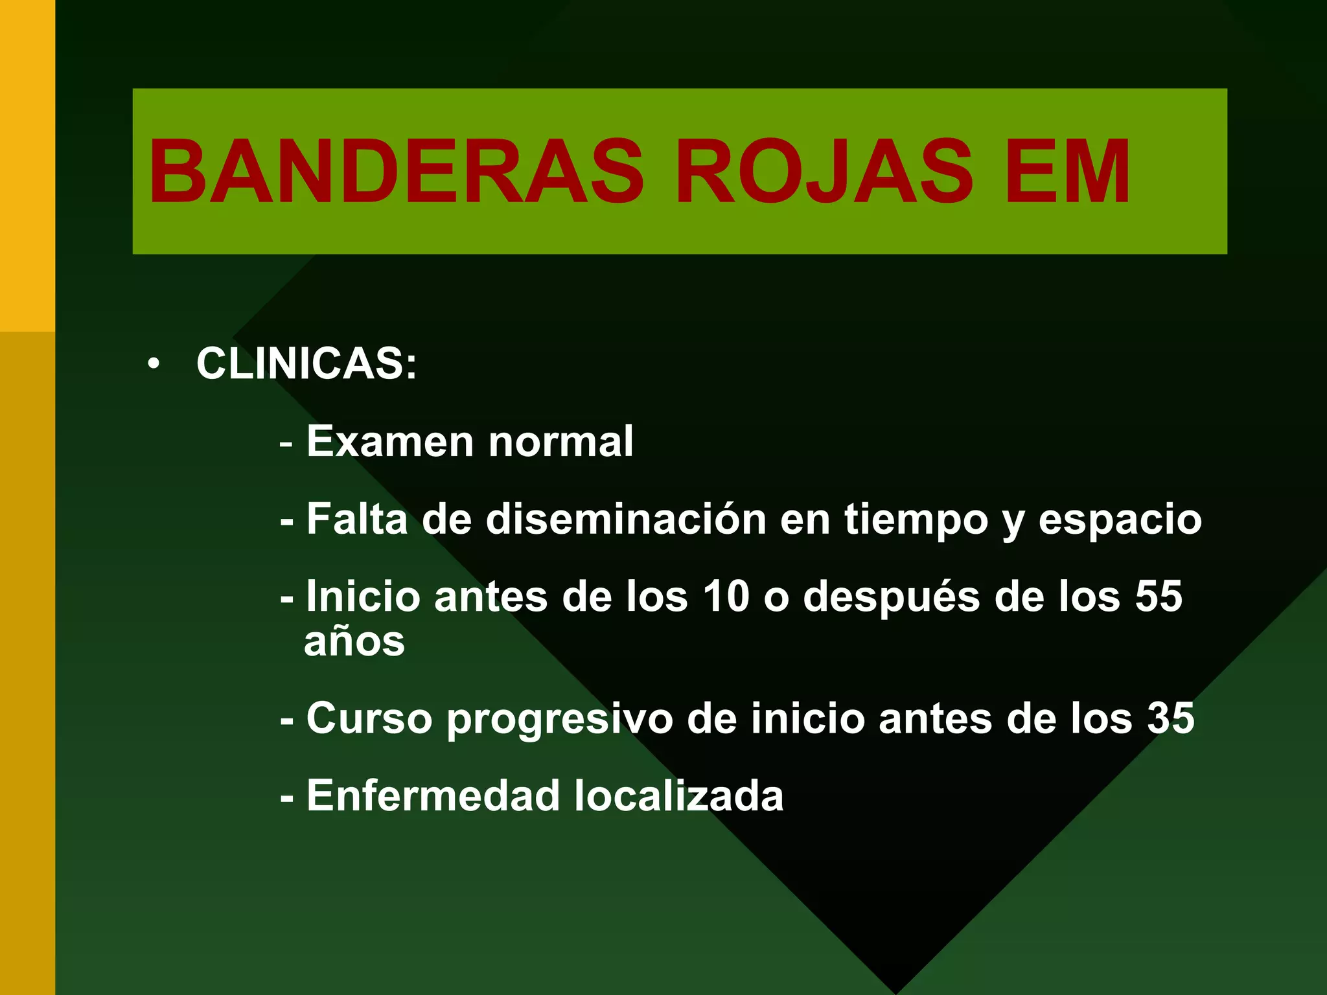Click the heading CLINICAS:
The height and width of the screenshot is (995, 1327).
coord(306,363)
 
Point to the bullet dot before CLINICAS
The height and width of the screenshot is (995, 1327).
coord(153,363)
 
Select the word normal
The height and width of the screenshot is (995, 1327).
coord(560,441)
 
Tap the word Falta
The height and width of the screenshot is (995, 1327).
coord(357,519)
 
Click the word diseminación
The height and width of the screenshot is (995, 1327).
coord(626,519)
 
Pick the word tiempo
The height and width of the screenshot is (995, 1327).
coord(916,520)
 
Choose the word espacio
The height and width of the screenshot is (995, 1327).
coord(1120,520)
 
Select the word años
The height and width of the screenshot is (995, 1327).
coord(354,641)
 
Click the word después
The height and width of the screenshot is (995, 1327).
coord(892,597)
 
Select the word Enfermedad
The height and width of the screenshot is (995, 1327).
coord(433,795)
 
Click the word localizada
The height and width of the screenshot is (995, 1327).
coord(679,795)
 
